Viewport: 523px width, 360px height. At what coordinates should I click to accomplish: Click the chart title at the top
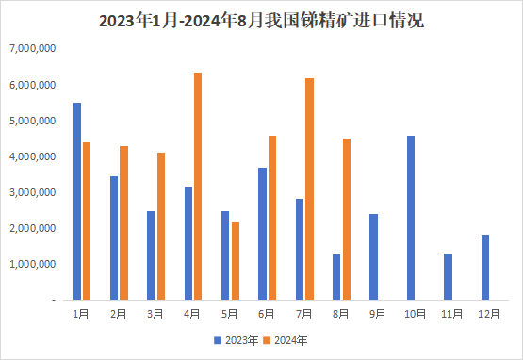(261, 20)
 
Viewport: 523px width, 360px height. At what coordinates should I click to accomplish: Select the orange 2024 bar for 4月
(198, 187)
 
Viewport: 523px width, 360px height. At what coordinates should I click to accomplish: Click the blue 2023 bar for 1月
(76, 201)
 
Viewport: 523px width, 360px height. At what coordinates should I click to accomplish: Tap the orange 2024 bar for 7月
(309, 188)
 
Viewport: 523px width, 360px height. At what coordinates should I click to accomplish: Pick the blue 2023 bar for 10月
(411, 218)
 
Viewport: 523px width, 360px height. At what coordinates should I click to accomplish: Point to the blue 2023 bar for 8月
(336, 277)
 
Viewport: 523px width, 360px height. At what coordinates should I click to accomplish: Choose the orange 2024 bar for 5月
(235, 261)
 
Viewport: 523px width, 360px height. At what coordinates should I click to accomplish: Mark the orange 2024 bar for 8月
(346, 219)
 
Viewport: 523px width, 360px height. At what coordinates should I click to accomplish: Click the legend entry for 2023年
(236, 339)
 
